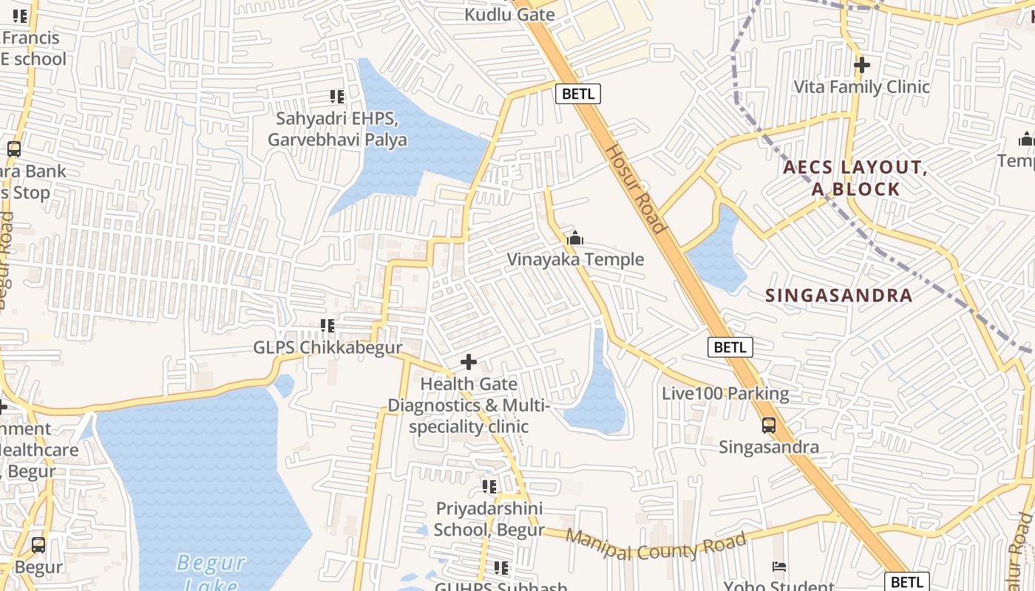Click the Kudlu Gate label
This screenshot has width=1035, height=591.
tap(509, 14)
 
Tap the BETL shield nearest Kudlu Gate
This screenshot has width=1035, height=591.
tap(577, 94)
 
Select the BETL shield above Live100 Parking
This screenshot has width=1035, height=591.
tap(730, 347)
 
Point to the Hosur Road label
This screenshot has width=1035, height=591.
tap(635, 188)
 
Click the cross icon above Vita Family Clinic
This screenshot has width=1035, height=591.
tap(861, 65)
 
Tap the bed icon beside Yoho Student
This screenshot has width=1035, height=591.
tap(779, 567)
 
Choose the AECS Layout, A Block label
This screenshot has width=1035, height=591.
tap(855, 178)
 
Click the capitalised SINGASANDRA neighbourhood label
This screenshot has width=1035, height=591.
tap(838, 295)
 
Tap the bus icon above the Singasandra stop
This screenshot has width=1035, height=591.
tap(769, 426)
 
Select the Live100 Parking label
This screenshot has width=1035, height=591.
tap(725, 393)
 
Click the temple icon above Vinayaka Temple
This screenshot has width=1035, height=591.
tap(575, 238)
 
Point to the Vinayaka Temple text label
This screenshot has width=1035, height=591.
tap(575, 259)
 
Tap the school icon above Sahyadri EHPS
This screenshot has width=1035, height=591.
tap(337, 96)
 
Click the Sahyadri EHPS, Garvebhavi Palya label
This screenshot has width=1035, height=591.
tap(337, 129)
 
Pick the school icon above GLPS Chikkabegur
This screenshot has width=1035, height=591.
tap(328, 325)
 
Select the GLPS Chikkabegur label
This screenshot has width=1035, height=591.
tap(328, 347)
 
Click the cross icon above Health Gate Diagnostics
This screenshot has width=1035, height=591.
tap(469, 362)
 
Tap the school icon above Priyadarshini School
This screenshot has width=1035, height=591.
tap(489, 486)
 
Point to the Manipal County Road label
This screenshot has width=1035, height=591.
tap(655, 545)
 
